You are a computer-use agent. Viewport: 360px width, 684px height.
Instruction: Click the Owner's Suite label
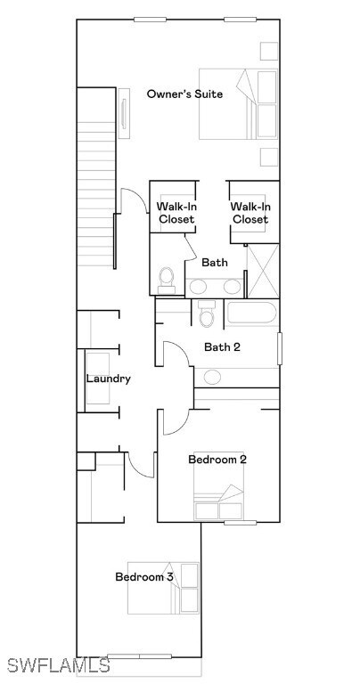(184, 94)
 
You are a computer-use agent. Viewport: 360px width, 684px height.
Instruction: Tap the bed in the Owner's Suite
(238, 104)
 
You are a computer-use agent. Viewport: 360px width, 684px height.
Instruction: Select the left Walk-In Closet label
(176, 213)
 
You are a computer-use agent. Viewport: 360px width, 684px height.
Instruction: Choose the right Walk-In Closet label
(250, 213)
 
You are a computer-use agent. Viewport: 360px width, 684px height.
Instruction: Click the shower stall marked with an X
(262, 268)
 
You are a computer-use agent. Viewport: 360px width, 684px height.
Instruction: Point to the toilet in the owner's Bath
(166, 281)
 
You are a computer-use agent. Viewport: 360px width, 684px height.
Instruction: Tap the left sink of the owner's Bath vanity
(198, 287)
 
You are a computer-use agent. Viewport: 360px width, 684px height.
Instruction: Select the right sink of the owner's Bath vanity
(232, 287)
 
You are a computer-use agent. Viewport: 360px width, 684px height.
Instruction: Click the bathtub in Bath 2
(251, 314)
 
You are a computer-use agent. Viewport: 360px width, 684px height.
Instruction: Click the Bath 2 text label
(222, 347)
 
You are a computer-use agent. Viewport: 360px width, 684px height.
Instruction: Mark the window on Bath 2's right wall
(279, 348)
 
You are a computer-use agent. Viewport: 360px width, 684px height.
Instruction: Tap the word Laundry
(109, 379)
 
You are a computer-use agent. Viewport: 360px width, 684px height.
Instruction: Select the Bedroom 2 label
(217, 460)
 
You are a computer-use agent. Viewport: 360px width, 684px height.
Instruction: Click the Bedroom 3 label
(144, 577)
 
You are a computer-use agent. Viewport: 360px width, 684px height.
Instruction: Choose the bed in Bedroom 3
(164, 588)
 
